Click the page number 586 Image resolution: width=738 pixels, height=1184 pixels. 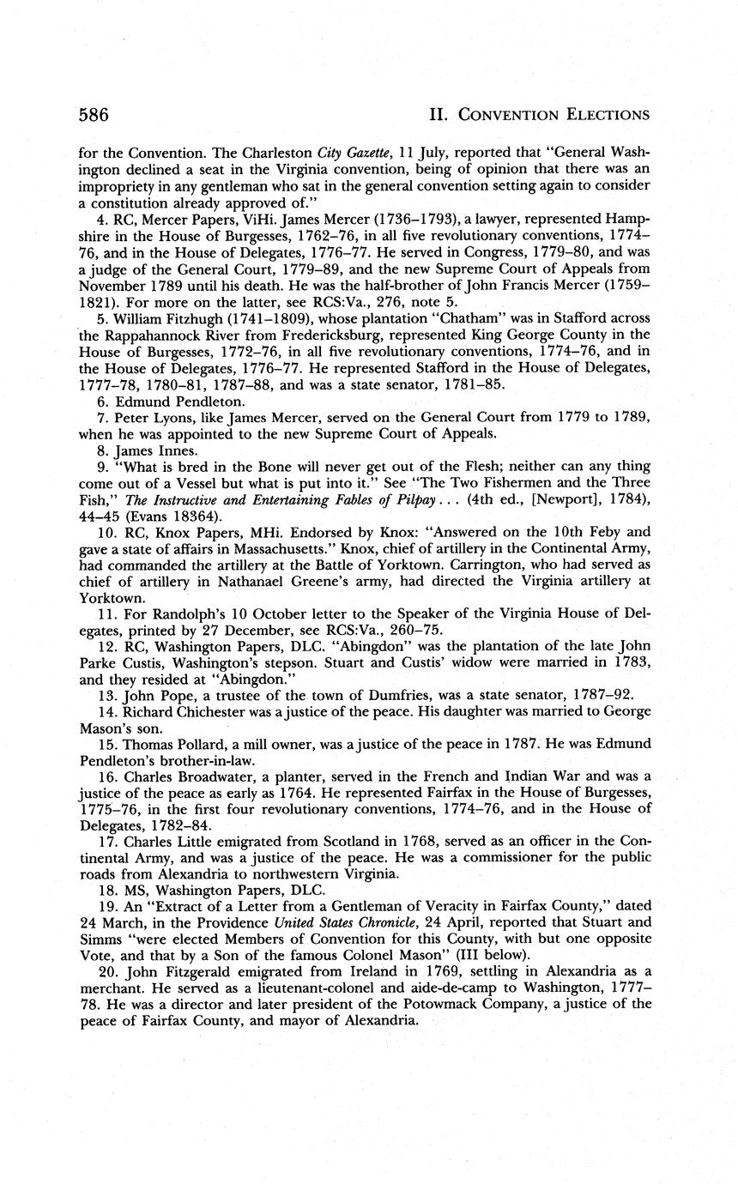click(x=94, y=115)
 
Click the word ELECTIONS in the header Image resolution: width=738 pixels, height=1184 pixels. click(x=602, y=115)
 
